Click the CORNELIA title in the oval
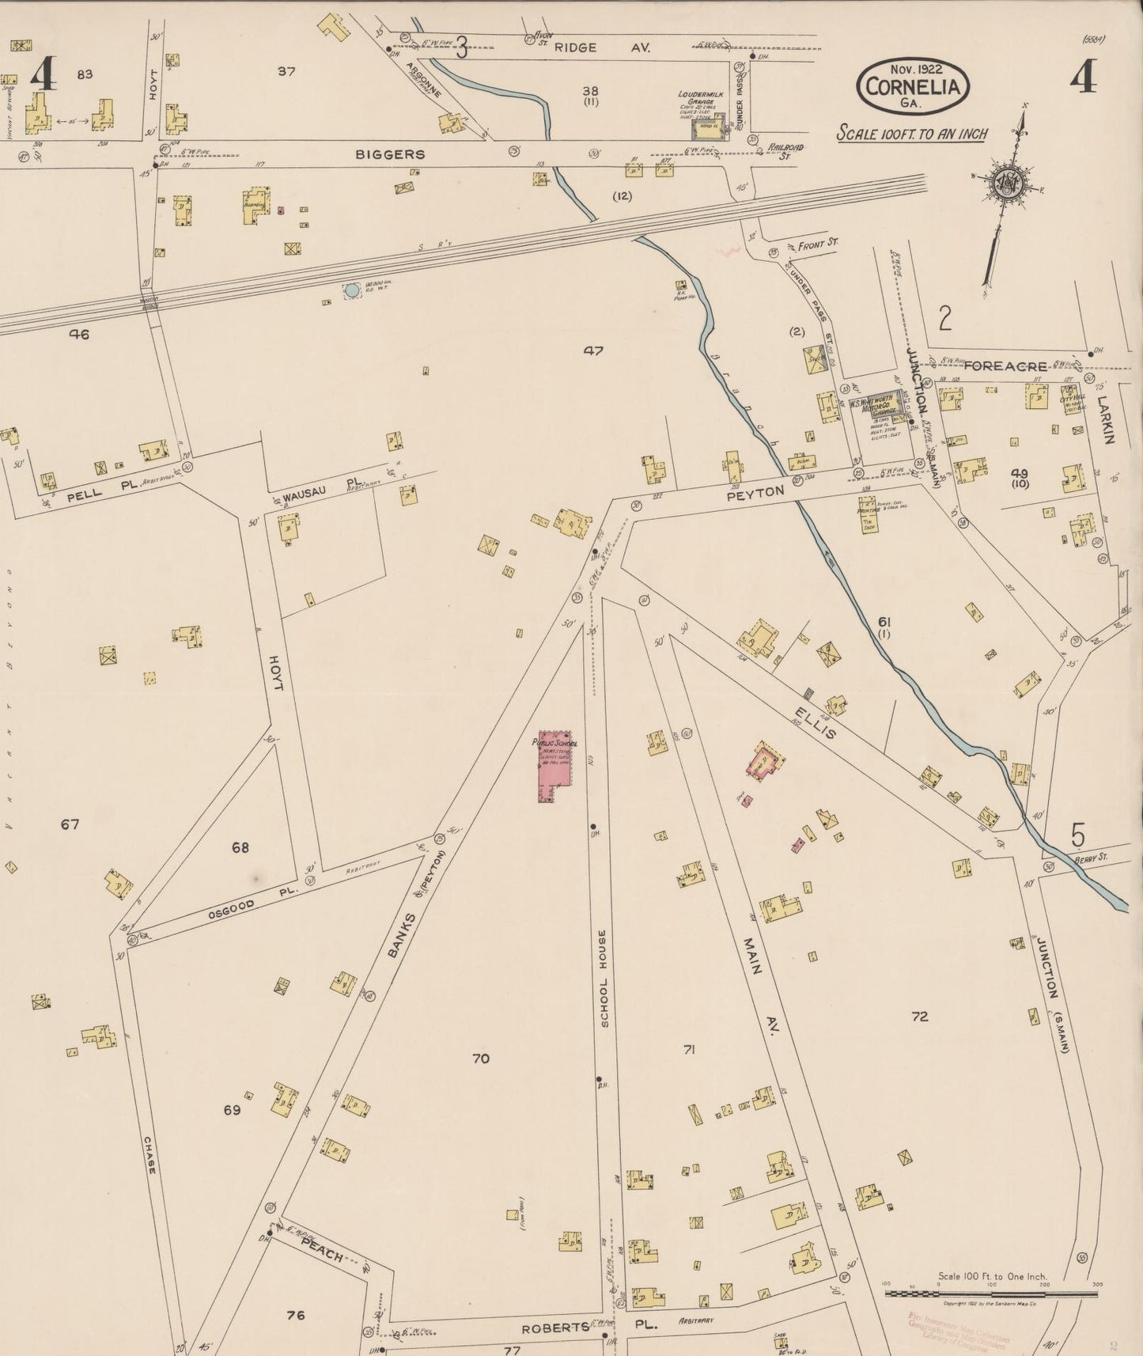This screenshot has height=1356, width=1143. [x=914, y=86]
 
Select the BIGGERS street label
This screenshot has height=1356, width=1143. [x=390, y=154]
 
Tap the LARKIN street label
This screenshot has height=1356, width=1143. [x=1106, y=419]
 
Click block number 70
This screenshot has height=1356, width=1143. [x=480, y=1058]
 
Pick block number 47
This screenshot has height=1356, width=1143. [x=592, y=350]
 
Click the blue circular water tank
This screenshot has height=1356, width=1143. [x=351, y=290]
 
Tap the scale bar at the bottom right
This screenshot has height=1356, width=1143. [x=990, y=1294]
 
